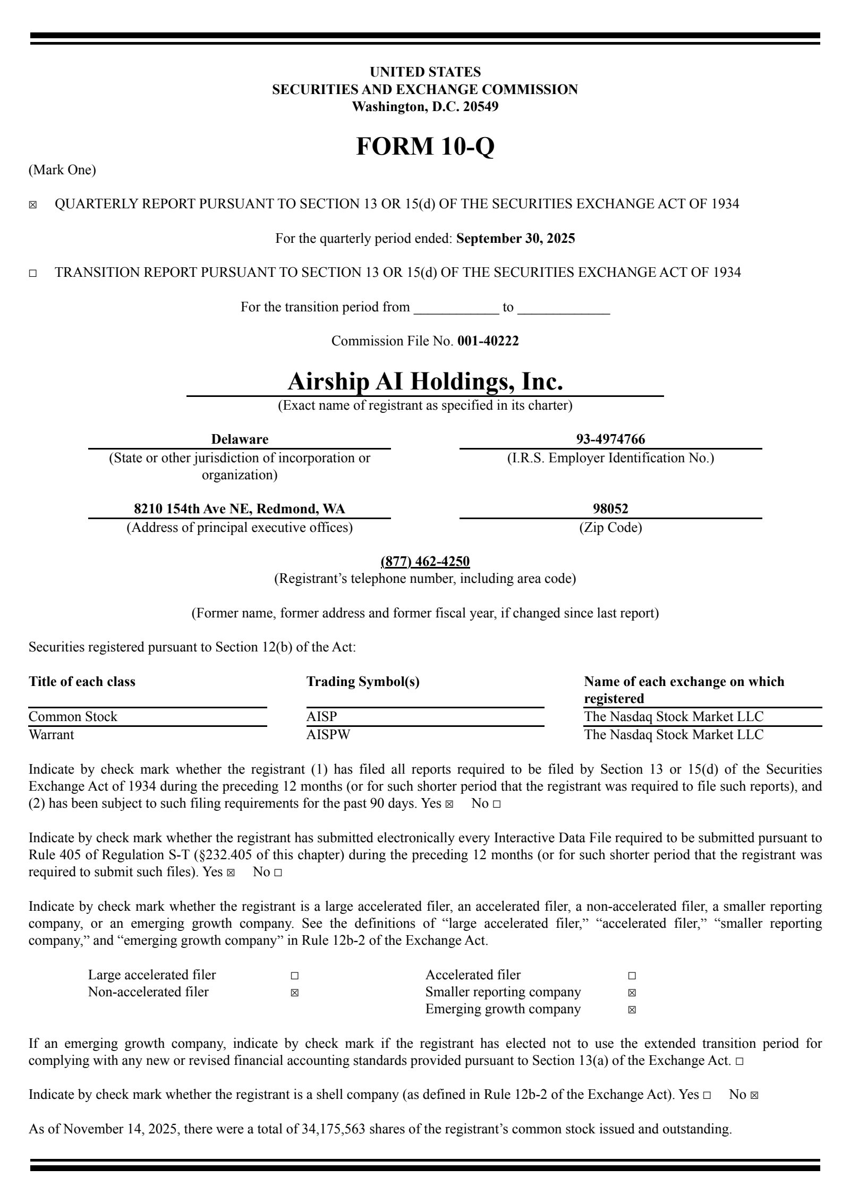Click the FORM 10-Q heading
(x=425, y=146)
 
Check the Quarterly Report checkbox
(x=33, y=205)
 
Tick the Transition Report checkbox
(x=33, y=274)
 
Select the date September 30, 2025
(x=515, y=239)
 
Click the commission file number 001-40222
(x=488, y=341)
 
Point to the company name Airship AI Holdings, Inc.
(x=425, y=382)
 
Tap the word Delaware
(x=240, y=439)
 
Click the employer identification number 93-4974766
(x=610, y=439)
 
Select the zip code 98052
(x=610, y=509)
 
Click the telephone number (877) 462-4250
(x=425, y=562)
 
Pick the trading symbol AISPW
(x=328, y=735)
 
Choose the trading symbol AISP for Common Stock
(x=322, y=717)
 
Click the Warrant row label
(x=52, y=735)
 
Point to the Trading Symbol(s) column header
(x=363, y=682)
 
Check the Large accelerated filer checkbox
(x=295, y=976)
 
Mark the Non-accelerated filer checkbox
(x=295, y=993)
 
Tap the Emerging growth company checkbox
(x=632, y=1010)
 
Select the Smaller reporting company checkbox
(x=632, y=993)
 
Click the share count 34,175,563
(x=333, y=1129)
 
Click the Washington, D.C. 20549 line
(x=425, y=107)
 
